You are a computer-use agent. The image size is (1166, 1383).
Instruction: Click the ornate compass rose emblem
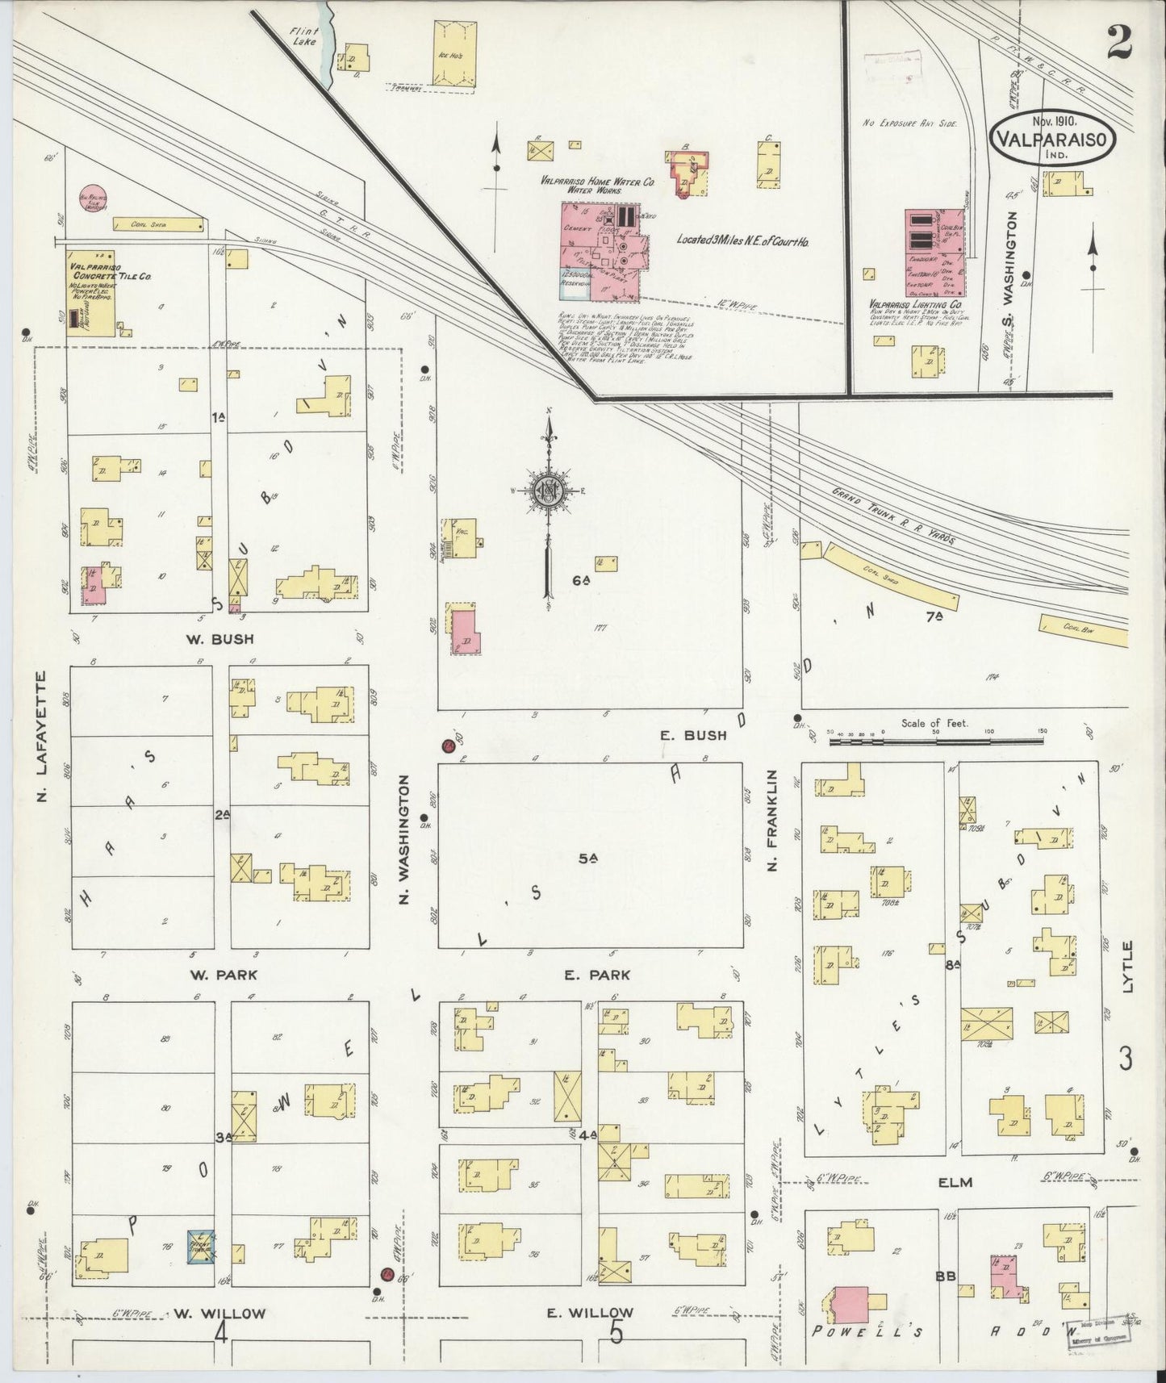[549, 490]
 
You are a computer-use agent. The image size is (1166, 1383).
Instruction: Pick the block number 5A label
[587, 859]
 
